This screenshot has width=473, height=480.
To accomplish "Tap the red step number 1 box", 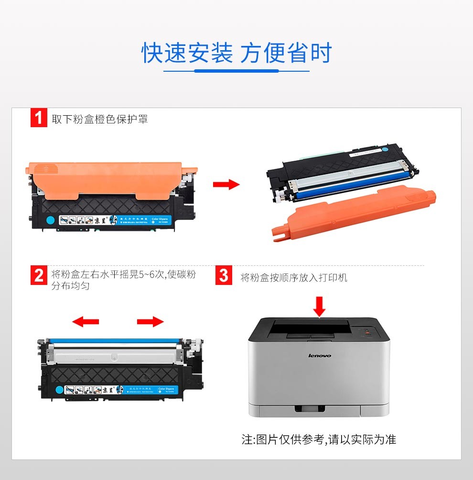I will point(38,118).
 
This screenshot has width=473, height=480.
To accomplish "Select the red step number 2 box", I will point(38,275).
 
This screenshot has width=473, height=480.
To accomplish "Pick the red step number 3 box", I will point(224,276).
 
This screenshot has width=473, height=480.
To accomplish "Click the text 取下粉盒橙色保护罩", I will point(100,119).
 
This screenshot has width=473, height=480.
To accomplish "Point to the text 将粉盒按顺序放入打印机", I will point(294,277).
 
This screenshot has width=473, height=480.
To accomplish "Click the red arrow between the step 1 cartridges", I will point(226,185).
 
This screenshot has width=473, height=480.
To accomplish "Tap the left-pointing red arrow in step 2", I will point(86,322).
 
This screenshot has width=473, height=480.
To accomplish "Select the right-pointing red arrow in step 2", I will point(150,322).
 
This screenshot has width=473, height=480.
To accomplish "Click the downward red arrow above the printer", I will point(320,306).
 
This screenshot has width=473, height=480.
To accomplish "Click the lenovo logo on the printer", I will point(320,356).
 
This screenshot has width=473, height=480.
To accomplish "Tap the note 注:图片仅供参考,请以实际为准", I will point(319,439).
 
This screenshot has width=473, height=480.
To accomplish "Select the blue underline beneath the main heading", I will point(236,71).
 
